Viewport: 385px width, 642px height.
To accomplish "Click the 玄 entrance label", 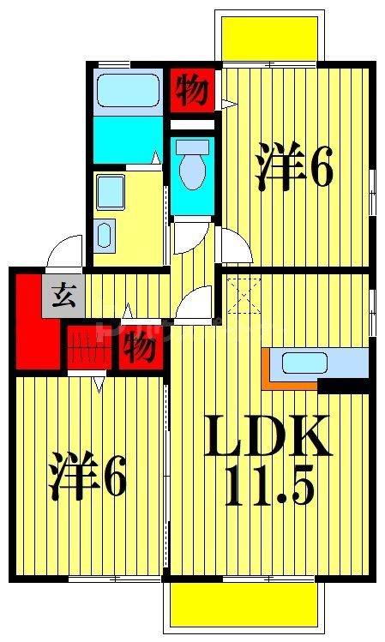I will tap(63, 297).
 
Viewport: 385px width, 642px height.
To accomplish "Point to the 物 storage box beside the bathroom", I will tap(191, 90).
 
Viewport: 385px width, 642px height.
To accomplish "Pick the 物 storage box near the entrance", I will tap(138, 348).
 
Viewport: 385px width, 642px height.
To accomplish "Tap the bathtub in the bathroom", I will tap(128, 90).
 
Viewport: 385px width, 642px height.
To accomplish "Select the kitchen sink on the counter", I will tap(302, 363).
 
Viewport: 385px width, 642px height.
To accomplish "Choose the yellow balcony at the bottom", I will tap(244, 605).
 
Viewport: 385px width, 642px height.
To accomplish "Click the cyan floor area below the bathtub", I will tap(127, 139).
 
